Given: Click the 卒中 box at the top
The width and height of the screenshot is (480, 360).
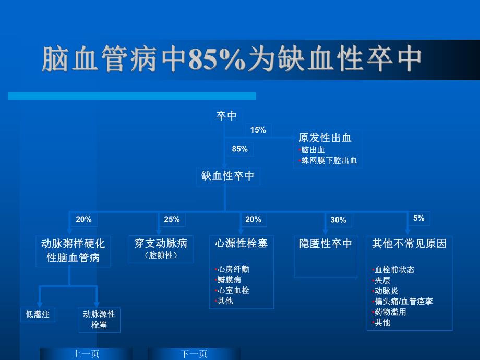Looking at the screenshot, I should pyautogui.click(x=227, y=116).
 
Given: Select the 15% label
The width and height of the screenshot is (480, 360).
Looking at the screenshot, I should pyautogui.click(x=258, y=130).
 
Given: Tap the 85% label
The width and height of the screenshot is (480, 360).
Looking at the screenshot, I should pyautogui.click(x=240, y=149).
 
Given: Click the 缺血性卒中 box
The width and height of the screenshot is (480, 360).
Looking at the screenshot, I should pyautogui.click(x=228, y=176).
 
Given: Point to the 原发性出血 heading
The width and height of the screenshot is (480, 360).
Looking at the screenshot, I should pyautogui.click(x=325, y=138).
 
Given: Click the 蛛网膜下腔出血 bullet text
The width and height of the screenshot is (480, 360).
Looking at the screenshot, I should pyautogui.click(x=329, y=160).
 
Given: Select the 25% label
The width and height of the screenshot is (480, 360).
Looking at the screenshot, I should pyautogui.click(x=172, y=220).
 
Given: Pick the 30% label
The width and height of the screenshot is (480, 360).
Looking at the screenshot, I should pyautogui.click(x=338, y=220).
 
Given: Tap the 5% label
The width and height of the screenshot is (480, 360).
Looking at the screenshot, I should pyautogui.click(x=418, y=218).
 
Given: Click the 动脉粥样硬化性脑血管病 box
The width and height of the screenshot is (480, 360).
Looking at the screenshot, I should pyautogui.click(x=73, y=250).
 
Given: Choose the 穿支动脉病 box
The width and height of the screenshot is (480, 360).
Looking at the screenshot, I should pyautogui.click(x=161, y=248).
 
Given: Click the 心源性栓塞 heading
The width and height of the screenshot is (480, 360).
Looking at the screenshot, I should pyautogui.click(x=241, y=243).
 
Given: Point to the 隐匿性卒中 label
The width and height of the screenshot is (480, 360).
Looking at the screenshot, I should pyautogui.click(x=326, y=244).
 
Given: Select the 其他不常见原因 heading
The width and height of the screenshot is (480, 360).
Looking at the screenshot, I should pyautogui.click(x=409, y=244).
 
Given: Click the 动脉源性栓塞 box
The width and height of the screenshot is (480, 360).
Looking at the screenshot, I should pyautogui.click(x=99, y=319).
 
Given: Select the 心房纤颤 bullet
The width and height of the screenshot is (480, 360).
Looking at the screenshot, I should pyautogui.click(x=233, y=269).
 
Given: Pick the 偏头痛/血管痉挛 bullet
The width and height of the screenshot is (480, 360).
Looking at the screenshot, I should pyautogui.click(x=403, y=301).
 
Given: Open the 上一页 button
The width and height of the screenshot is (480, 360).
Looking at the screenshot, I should pyautogui.click(x=86, y=354).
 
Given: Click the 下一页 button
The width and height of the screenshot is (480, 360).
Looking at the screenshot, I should pyautogui.click(x=194, y=354).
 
